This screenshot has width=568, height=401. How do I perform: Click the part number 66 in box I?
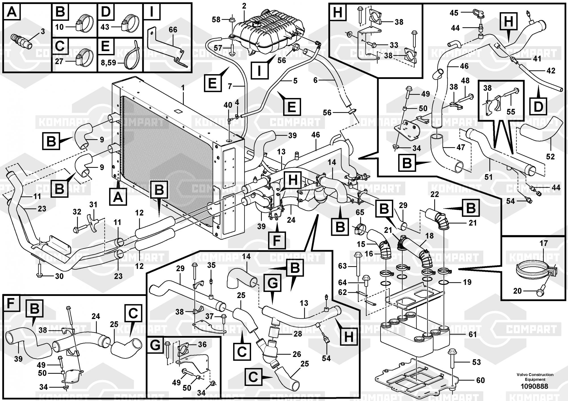tap(173, 30)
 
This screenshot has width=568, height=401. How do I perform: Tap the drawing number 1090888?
tap(535, 386)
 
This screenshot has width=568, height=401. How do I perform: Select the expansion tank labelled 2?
tap(264, 33)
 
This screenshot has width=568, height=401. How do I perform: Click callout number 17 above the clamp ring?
tap(544, 243)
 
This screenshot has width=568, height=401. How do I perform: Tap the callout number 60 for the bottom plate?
tap(480, 380)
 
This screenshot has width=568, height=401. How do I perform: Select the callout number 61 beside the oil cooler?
tap(472, 335)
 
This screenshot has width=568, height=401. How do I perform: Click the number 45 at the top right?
tap(454, 13)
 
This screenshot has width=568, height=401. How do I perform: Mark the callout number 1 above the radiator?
tap(183, 88)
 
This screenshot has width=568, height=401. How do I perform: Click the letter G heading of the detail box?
tap(155, 345)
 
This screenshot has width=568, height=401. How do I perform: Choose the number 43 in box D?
tap(105, 27)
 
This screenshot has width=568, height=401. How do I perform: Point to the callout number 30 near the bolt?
tap(59, 276)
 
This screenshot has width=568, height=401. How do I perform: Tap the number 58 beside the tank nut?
tap(216, 19)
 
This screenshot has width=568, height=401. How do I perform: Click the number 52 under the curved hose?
tap(550, 156)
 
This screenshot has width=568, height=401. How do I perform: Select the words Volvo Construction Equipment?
tap(535, 377)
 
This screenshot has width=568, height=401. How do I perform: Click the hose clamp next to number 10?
tap(84, 24)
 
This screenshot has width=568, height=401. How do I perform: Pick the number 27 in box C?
tap(59, 61)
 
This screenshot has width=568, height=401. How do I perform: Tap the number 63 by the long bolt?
tap(343, 266)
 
